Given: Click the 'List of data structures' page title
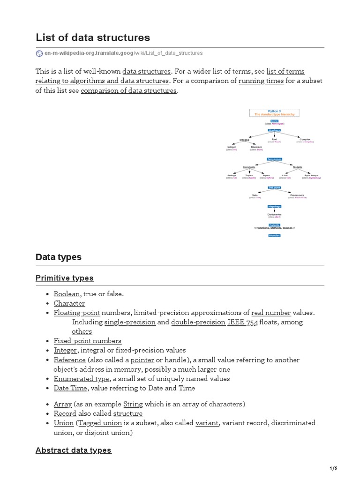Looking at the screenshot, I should click(93, 37).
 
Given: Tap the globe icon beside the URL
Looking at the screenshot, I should click(39, 53).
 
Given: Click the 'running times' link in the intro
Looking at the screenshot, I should click(261, 81).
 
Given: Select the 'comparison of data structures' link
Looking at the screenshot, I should click(128, 90).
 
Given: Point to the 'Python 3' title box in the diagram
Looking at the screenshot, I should click(274, 113).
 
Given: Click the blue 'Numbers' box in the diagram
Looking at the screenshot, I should click(274, 130).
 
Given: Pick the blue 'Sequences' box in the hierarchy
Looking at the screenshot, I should click(274, 159).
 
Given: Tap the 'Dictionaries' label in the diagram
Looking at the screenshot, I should click(274, 215).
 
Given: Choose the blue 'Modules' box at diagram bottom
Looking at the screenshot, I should click(274, 235).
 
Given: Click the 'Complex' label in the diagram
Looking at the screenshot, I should click(305, 139).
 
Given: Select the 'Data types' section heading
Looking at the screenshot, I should click(59, 257).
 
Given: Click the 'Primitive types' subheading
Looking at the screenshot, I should click(65, 278).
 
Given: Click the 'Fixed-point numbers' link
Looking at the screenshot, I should click(88, 341).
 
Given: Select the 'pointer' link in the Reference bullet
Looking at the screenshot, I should click(142, 360).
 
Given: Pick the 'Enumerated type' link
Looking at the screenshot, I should click(82, 379).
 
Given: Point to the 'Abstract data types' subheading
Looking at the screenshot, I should click(74, 450).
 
